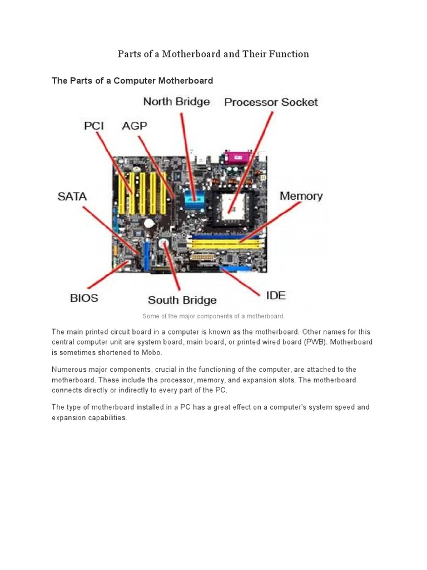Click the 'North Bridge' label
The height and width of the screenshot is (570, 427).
click(x=176, y=102)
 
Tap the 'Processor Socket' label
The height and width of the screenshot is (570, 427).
click(x=271, y=102)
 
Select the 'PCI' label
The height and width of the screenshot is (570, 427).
click(x=94, y=126)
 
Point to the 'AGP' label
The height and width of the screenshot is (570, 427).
click(x=135, y=126)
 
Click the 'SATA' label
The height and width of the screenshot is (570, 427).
click(x=72, y=196)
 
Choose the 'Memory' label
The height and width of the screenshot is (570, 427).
click(x=301, y=196)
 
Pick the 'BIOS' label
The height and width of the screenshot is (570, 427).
click(x=84, y=298)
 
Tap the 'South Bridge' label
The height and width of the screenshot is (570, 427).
click(x=182, y=300)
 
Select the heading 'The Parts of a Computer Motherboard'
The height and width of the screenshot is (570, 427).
click(x=132, y=81)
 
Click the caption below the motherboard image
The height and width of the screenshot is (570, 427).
click(x=213, y=316)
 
